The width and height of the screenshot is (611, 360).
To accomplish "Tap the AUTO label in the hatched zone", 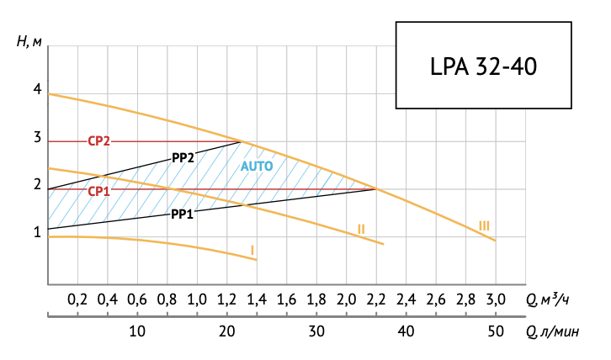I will (257, 167).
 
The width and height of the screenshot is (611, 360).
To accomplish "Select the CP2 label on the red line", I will (99, 141).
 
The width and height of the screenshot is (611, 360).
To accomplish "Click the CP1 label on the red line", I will (99, 191).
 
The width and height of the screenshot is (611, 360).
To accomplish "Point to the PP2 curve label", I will (183, 157).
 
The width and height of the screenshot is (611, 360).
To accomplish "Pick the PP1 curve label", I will (183, 214).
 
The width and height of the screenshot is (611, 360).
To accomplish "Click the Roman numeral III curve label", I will (484, 225).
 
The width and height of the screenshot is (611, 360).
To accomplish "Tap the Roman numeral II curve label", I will (360, 229).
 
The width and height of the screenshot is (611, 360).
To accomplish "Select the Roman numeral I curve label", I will (252, 250).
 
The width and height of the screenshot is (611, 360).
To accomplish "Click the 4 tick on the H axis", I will (37, 89).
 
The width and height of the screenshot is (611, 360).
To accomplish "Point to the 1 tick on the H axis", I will (37, 233).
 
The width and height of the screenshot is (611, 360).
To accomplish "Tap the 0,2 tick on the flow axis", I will (77, 299).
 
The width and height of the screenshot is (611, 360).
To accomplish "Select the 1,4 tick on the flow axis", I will (257, 299).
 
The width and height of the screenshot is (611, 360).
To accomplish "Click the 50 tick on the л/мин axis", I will (495, 331).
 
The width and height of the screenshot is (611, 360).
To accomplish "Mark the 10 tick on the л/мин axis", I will (137, 331).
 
